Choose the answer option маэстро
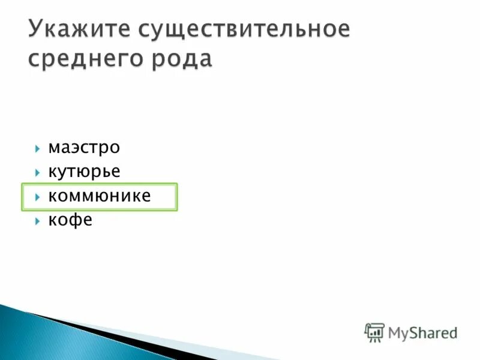[84, 147]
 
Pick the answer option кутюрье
[84, 172]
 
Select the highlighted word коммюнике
[100, 196]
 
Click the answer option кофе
[70, 220]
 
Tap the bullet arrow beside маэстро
[37, 148]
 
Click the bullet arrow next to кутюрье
[37, 172]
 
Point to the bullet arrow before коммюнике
[37, 197]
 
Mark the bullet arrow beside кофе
[37, 221]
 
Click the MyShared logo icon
[374, 332]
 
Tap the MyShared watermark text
[422, 332]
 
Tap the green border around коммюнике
[100, 184]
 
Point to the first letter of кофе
[52, 221]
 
